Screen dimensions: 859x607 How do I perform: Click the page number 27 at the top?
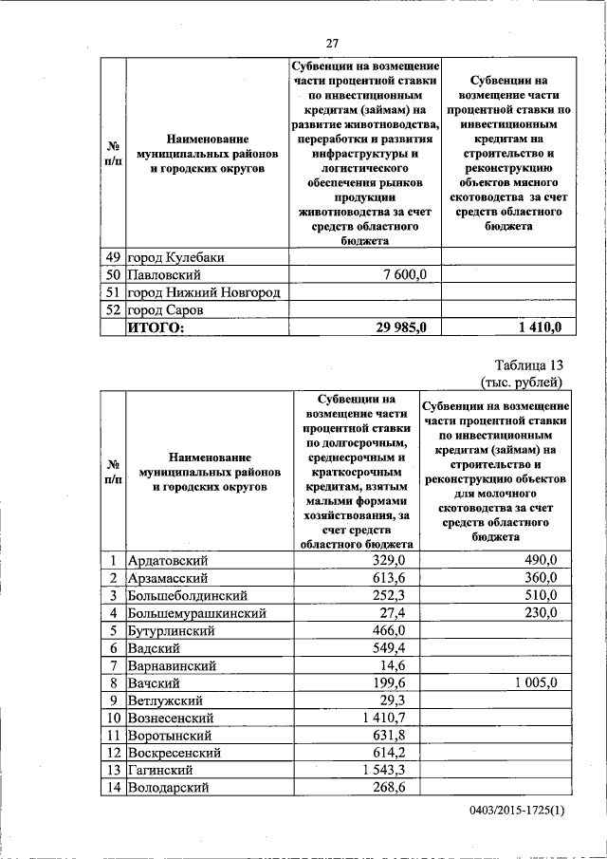click(x=332, y=42)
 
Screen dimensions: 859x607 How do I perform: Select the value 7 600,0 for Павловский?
click(x=407, y=274)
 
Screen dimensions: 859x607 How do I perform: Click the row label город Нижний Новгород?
click(x=204, y=292)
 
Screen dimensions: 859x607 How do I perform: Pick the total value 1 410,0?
click(x=540, y=327)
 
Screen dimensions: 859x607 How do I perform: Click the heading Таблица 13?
click(x=529, y=365)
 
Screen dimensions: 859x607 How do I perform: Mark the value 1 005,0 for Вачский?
click(x=532, y=682)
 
